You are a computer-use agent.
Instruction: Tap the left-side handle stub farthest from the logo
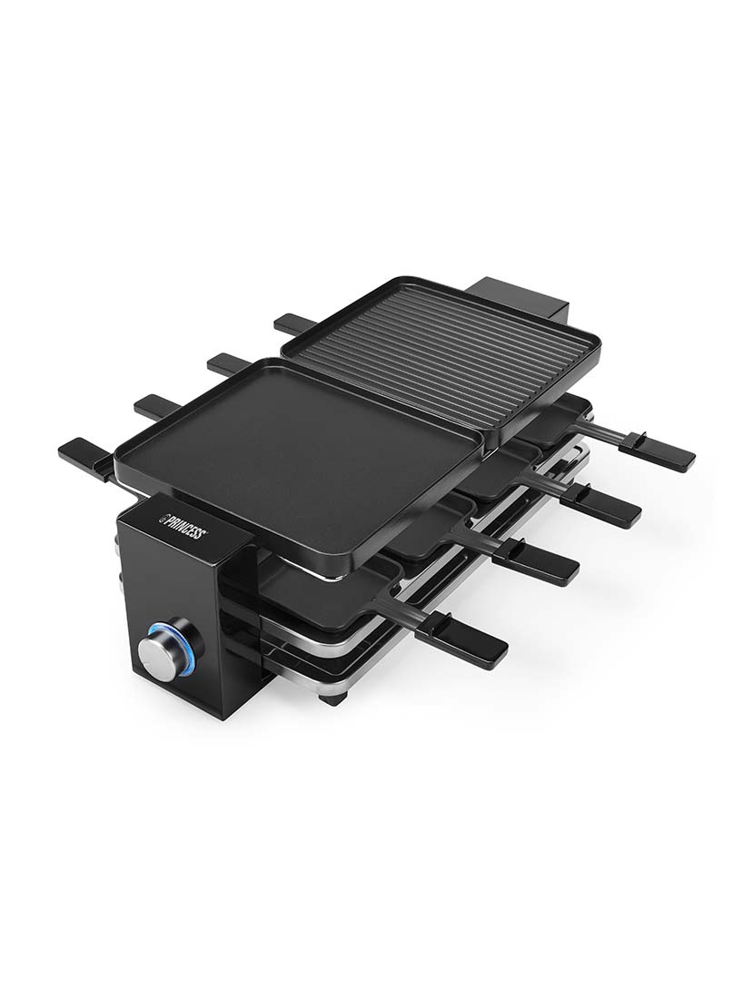click(293, 322)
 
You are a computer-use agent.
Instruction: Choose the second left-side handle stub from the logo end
click(155, 405)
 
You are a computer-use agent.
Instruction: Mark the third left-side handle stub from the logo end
click(227, 363)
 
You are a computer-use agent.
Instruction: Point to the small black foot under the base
click(333, 699)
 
